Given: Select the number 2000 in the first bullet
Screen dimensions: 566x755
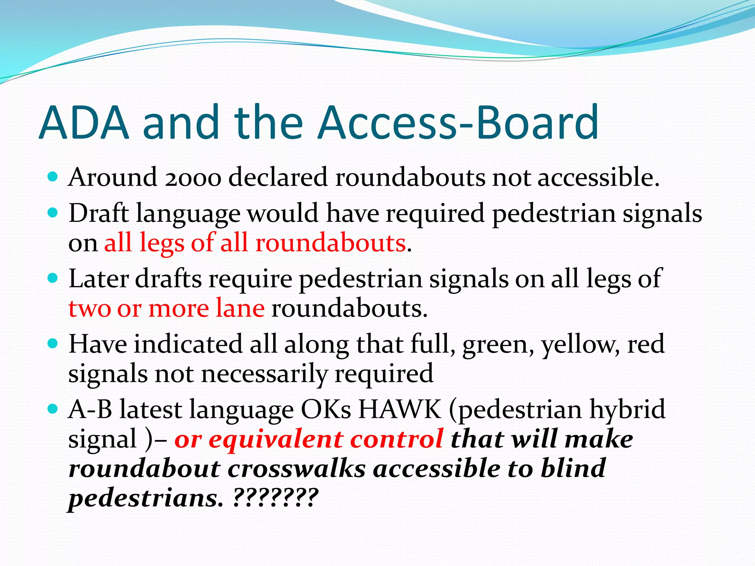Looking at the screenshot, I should click(193, 178).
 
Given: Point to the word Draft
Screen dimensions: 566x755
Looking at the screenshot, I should click(98, 213).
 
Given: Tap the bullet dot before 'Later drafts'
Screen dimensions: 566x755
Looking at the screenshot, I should click(53, 278).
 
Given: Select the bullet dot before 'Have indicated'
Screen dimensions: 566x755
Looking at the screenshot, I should click(53, 344).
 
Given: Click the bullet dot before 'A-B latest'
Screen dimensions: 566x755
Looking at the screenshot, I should click(53, 409).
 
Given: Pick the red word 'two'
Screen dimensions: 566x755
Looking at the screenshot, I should click(90, 308).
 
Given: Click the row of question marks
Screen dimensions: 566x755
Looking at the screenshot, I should click(275, 498).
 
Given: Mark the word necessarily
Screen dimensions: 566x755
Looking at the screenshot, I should click(264, 374).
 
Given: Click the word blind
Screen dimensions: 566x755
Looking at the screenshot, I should click(573, 469).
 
